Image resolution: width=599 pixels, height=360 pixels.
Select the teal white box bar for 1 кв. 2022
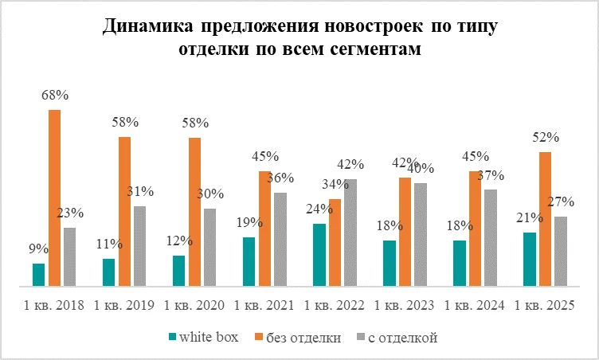click(319, 254)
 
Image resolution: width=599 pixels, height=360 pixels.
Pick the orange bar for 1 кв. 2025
click(545, 218)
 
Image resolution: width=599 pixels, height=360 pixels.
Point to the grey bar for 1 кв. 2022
click(350, 232)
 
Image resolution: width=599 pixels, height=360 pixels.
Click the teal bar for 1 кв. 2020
click(178, 270)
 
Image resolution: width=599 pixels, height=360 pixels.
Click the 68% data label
click(54, 96)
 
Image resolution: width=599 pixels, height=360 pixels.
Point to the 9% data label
click(37, 249)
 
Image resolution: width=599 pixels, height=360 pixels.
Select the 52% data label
click(545, 137)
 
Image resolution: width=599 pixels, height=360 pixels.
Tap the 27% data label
click(562, 202)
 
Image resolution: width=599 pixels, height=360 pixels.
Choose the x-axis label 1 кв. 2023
click(405, 305)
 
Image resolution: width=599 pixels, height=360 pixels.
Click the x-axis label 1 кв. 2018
click(54, 305)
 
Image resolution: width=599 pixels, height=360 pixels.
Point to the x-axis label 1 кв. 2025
click(545, 305)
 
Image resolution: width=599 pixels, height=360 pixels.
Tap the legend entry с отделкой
click(404, 338)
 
